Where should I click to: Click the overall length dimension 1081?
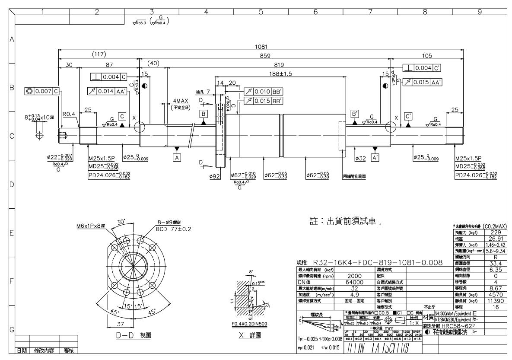pyautogui.click(x=261, y=47)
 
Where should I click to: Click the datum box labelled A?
pyautogui.click(x=176, y=158)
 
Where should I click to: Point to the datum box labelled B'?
pyautogui.click(x=355, y=114)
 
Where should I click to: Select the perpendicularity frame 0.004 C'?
pyautogui.click(x=421, y=68)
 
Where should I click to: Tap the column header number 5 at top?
pyautogui.click(x=261, y=6)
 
